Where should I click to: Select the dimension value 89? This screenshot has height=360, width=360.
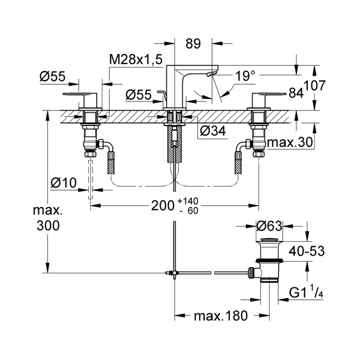(x=193, y=43)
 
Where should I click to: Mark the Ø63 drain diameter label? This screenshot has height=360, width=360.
(x=269, y=227)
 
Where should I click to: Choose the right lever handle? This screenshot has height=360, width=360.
(x=265, y=98)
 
